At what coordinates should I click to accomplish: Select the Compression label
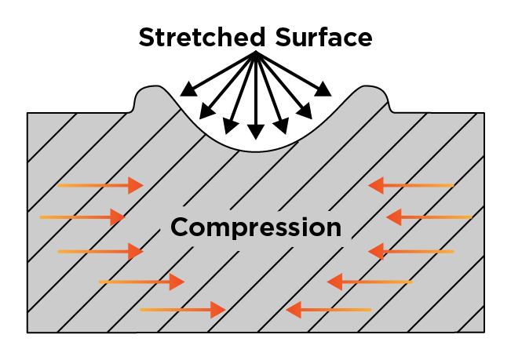[x=256, y=227]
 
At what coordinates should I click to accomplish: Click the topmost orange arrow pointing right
[x=100, y=185]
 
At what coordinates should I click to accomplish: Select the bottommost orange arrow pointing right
[x=182, y=311]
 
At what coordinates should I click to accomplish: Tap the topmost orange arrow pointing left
[x=411, y=185]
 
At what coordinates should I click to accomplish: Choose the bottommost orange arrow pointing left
[x=328, y=311]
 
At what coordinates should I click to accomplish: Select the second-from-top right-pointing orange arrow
[x=82, y=216]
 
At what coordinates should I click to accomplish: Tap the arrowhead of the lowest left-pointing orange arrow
[x=294, y=311]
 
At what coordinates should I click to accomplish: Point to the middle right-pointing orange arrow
[x=100, y=251]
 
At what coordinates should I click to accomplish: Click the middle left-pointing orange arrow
[x=411, y=251]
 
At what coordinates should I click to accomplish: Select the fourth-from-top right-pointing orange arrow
[x=141, y=281]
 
